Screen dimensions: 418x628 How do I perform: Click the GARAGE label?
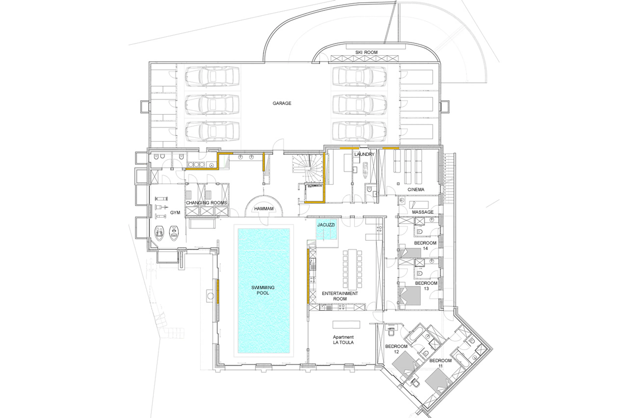282,103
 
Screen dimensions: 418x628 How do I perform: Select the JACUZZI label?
326,225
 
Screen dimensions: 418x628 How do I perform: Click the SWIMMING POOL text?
263,290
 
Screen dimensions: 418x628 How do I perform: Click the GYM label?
175,213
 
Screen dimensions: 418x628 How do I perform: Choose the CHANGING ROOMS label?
206,203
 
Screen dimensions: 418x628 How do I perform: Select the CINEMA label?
416,189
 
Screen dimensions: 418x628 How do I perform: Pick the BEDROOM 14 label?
425,246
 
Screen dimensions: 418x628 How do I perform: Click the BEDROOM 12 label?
396,349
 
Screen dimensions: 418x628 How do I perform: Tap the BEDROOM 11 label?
440,363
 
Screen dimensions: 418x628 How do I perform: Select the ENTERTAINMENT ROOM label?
340,296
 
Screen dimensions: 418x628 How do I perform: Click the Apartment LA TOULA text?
343,340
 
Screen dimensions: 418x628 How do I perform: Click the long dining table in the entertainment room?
352,269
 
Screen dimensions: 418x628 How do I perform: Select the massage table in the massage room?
419,205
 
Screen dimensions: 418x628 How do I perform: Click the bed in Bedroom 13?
410,295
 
